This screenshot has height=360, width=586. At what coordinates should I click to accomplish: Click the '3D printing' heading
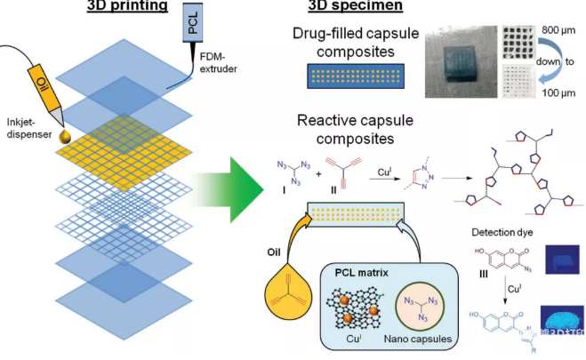129,7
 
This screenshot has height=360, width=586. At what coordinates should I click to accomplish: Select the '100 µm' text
556,92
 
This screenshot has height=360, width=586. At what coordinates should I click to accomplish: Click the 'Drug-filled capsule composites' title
349,44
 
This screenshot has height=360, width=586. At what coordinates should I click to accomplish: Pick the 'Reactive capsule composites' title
348,129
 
